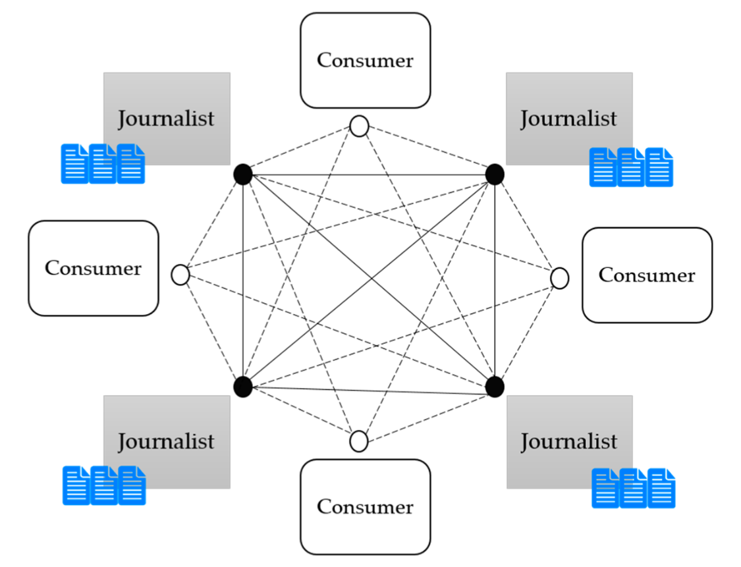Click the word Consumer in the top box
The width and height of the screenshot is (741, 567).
tap(365, 60)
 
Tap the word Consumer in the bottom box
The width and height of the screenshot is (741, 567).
tap(365, 506)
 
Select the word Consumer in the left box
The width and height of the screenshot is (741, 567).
tap(93, 268)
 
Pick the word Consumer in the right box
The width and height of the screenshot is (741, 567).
tap(646, 275)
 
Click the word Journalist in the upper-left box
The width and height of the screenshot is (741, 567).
tap(166, 119)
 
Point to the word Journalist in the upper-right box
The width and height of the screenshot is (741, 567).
tap(568, 119)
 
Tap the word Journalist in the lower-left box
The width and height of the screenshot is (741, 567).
tap(166, 441)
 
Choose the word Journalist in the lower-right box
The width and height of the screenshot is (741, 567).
tap(568, 441)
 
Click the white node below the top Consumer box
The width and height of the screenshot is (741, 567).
tap(359, 126)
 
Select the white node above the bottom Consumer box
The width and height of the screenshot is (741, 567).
tap(359, 441)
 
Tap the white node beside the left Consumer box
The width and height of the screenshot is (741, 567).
tap(180, 275)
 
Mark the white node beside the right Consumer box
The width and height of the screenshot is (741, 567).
tap(559, 279)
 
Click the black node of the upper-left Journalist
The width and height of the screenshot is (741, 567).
tap(243, 174)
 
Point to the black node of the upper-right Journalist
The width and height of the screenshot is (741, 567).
tap(495, 174)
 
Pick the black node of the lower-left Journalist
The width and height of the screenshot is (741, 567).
tap(243, 387)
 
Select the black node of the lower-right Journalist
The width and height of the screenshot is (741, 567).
tap(495, 387)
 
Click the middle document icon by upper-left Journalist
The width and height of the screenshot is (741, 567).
tap(103, 163)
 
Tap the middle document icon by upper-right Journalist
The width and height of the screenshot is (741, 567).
tap(631, 167)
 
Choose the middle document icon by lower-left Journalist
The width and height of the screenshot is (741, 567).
tap(104, 485)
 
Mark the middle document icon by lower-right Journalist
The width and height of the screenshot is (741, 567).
tap(633, 488)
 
